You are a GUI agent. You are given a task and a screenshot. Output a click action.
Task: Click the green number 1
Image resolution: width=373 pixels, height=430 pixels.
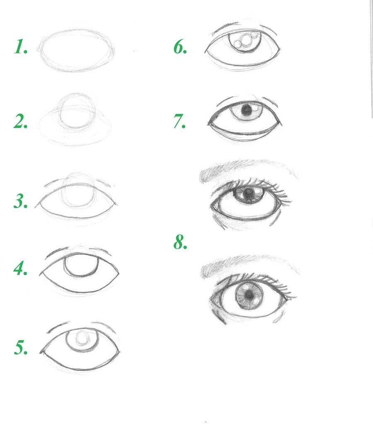(x=21, y=46)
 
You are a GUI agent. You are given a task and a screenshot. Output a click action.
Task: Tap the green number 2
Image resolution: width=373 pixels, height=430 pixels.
(x=21, y=121)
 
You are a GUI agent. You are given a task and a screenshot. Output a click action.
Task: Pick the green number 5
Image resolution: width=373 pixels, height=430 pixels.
(x=21, y=348)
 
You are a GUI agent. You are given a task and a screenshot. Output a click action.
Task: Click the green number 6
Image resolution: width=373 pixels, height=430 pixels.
(x=180, y=47)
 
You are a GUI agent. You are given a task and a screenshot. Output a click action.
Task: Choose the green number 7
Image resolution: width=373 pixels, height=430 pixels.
(x=179, y=121)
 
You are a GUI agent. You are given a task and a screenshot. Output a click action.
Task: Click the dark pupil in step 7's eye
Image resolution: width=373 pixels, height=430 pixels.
(x=247, y=111)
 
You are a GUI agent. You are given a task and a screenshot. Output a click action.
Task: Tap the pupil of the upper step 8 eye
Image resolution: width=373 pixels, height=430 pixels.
(x=249, y=193)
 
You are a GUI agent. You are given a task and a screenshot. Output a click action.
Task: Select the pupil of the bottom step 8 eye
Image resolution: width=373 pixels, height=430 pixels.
(x=249, y=295)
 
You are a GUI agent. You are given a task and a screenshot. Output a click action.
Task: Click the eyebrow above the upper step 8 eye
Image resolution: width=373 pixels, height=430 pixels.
(x=247, y=169)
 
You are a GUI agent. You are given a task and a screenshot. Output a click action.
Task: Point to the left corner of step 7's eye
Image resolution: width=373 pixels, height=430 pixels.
(x=208, y=123)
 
